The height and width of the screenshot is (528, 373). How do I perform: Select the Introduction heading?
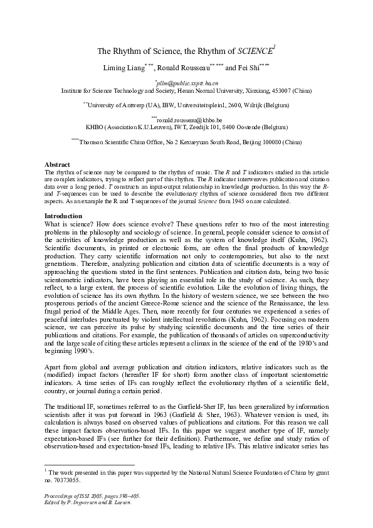pyautogui.click(x=61, y=216)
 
